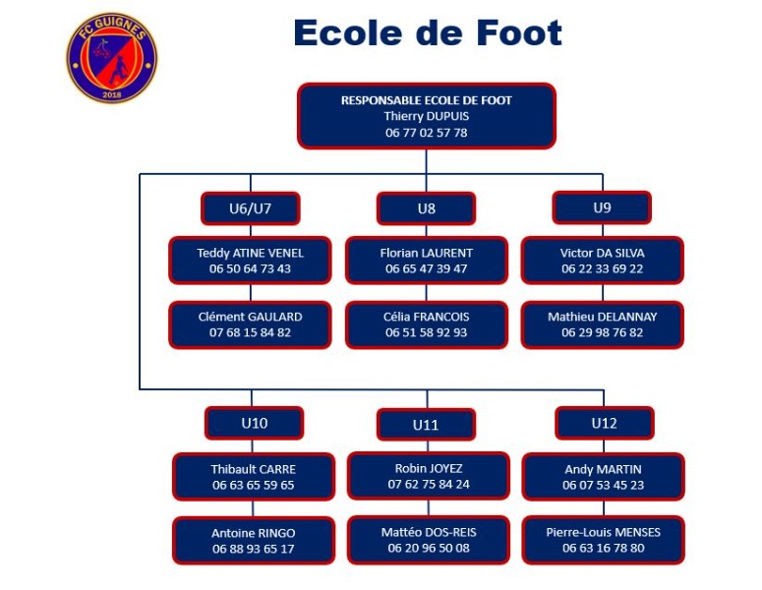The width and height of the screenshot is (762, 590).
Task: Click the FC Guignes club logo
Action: coord(112,58)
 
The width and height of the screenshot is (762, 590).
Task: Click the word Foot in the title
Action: coord(518,33)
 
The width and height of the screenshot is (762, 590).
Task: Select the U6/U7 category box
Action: coord(251,208)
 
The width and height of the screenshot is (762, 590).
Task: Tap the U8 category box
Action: coord(426,208)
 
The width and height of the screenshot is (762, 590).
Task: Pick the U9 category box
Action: coord(602,208)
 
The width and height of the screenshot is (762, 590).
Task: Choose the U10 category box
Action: coord(254,423)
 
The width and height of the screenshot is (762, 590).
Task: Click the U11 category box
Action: coord(426,425)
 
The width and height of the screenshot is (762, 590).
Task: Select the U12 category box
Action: coord(605,423)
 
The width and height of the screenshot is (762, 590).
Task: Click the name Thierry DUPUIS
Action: coord(426,116)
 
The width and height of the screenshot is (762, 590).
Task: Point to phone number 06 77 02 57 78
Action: coord(426,133)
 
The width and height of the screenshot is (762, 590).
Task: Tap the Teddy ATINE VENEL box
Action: coord(251,261)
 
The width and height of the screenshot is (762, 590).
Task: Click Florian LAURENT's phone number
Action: coord(426,268)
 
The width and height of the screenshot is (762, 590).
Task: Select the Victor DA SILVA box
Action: coord(603,261)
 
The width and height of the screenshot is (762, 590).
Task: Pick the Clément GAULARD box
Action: coord(251,324)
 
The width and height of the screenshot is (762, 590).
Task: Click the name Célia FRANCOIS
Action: coord(426,317)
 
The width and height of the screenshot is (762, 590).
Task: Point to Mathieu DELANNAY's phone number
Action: coord(603,333)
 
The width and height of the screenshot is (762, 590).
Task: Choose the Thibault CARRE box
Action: coord(254,477)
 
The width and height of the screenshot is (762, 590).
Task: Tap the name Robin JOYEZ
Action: coord(429,468)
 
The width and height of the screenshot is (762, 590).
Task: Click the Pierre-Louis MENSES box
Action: coord(604,540)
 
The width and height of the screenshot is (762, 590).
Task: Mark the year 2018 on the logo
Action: coord(112,95)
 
